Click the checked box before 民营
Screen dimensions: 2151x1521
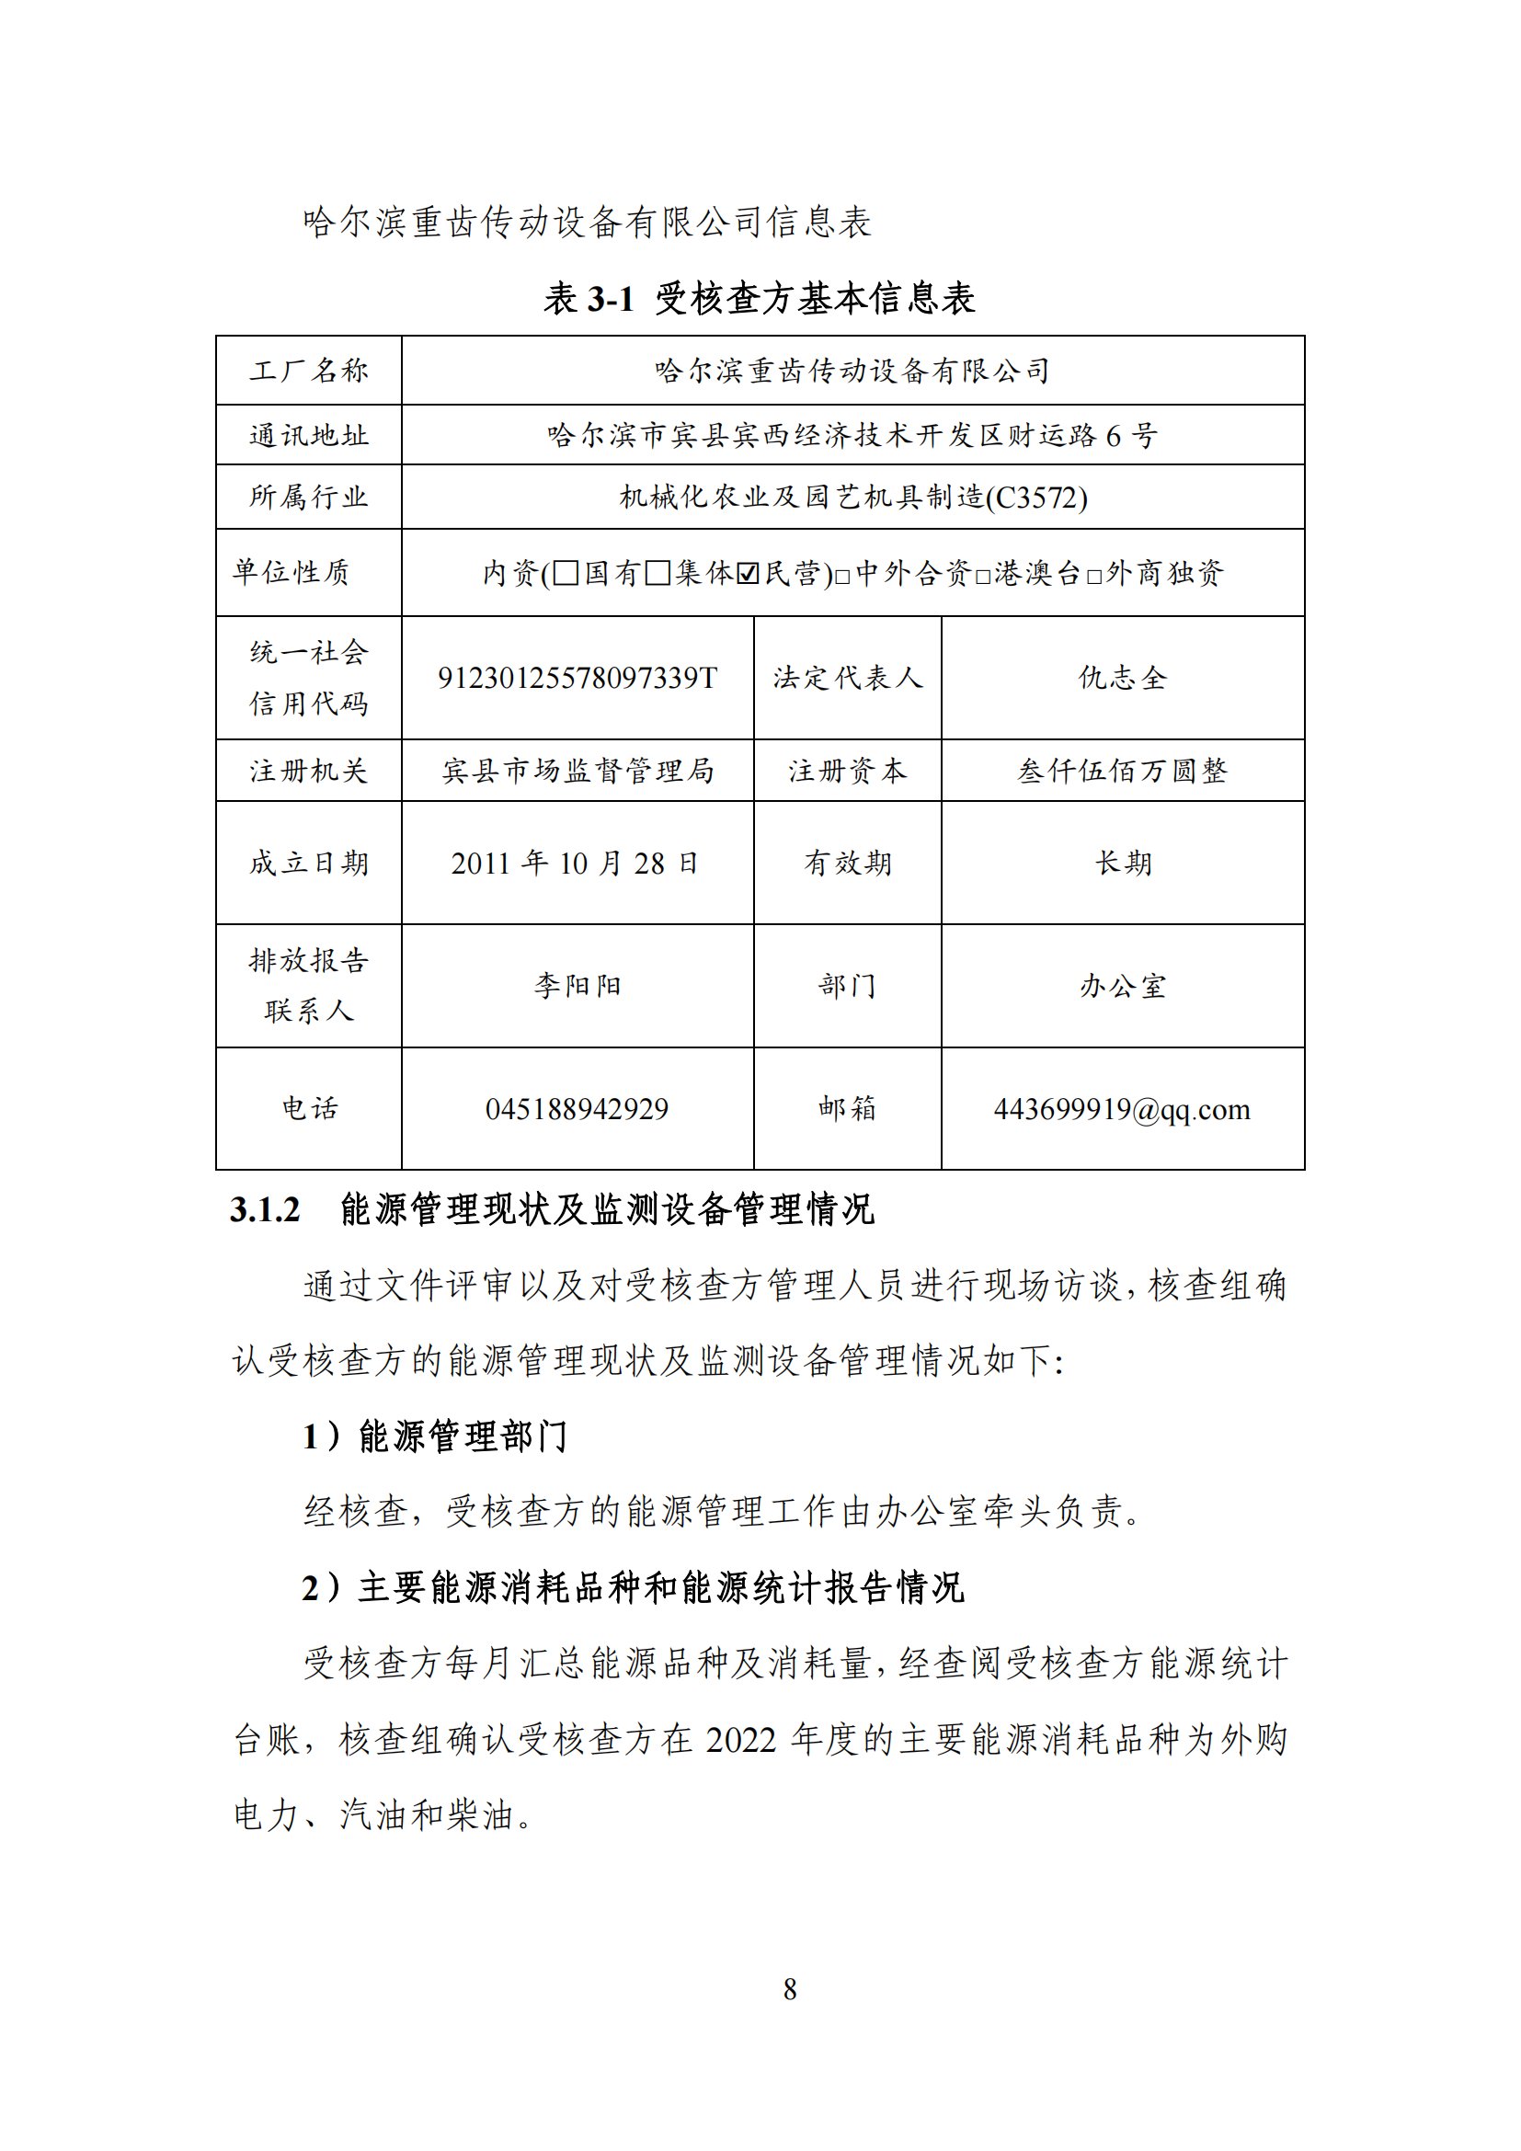click(x=748, y=572)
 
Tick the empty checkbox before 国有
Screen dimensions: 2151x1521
click(x=566, y=572)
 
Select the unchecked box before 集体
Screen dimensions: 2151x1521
click(x=658, y=572)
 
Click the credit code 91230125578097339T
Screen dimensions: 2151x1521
click(x=577, y=678)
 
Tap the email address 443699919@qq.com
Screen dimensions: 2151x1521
click(x=1122, y=1109)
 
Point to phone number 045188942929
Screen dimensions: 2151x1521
click(x=577, y=1109)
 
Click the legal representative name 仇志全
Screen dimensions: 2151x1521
click(x=1122, y=678)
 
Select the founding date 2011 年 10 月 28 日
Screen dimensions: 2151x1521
click(x=575, y=863)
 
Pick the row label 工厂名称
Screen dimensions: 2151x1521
click(x=309, y=371)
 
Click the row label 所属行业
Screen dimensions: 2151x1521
click(x=309, y=497)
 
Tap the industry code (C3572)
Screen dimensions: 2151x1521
click(x=1036, y=498)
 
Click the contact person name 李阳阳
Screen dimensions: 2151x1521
click(x=577, y=986)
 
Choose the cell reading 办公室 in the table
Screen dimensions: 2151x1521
click(x=1122, y=986)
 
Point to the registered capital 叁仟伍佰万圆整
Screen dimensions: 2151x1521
click(x=1122, y=771)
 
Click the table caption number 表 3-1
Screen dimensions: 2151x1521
click(x=589, y=299)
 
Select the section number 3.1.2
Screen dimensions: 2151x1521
click(x=265, y=1209)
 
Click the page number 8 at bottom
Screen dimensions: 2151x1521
click(x=790, y=1989)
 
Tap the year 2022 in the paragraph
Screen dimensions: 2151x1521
click(x=740, y=1740)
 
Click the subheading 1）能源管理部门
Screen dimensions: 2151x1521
click(x=435, y=1436)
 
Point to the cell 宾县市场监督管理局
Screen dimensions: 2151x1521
click(x=577, y=771)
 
